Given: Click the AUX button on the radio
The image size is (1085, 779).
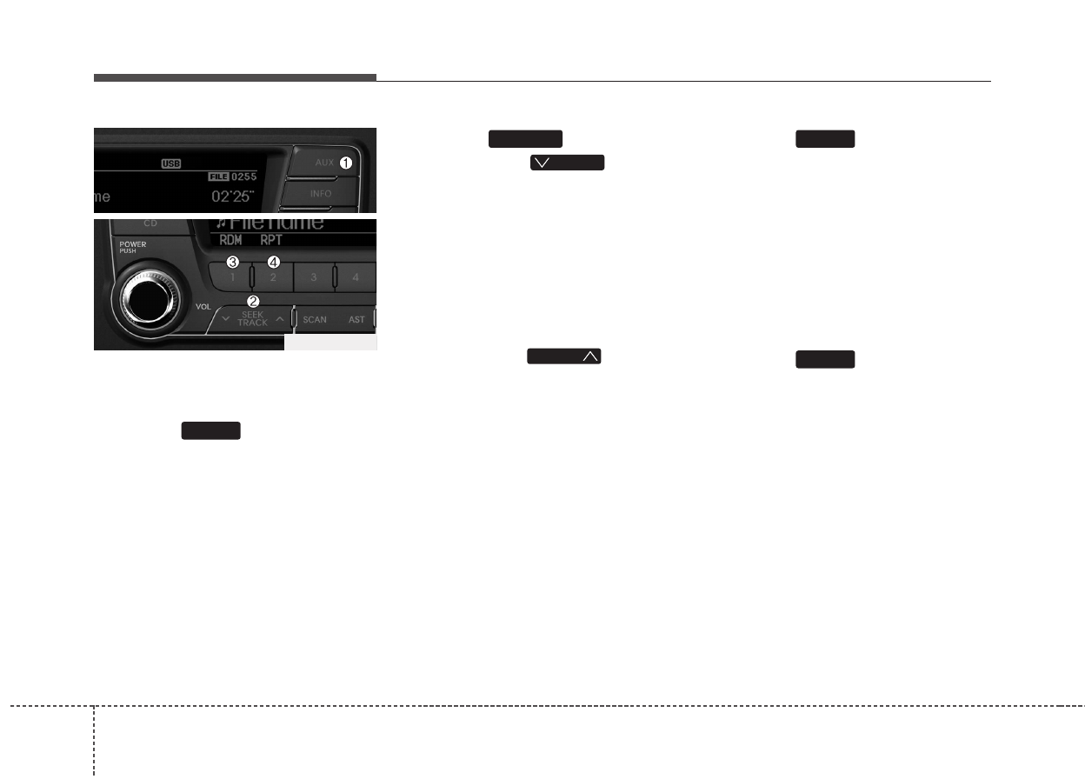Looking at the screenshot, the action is pos(323,163).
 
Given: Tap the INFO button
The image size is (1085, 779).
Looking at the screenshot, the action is pos(321,193).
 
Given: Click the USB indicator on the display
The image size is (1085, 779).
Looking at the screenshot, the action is pos(170,163).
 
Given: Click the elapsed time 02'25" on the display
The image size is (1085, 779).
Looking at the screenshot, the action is pos(234,196).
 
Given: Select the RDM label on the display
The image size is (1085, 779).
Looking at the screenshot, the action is pos(230,240).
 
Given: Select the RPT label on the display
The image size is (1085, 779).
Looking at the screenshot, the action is pos(271,240).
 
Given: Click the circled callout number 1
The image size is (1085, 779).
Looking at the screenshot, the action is pos(346,163).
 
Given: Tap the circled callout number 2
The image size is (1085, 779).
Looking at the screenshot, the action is pos(253,301).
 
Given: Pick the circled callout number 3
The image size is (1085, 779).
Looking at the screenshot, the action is pos(232,262).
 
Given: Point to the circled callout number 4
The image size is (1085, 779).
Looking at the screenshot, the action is pos(274,262).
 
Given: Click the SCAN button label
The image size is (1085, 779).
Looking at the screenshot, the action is pos(315,320).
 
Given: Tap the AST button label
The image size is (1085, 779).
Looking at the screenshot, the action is pos(356,320).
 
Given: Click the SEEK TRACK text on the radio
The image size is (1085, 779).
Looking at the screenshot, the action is pos(253,319).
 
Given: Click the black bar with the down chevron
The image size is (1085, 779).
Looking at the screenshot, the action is pos(567,163).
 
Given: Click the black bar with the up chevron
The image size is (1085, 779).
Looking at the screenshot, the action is pos(565,356).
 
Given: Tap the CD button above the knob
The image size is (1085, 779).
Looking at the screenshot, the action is pos(150,223).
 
